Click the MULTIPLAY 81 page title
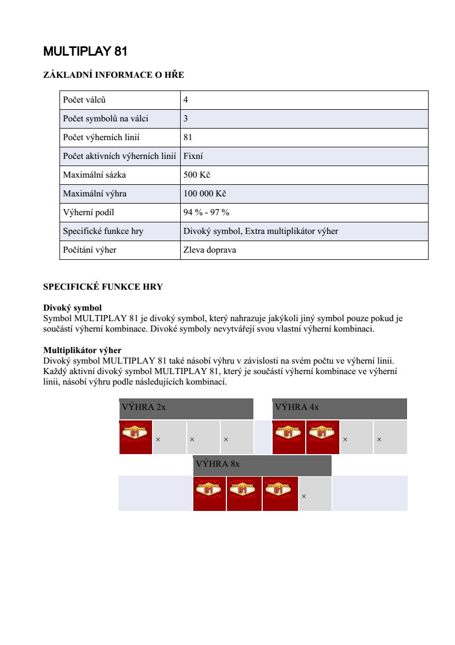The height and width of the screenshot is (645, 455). (85, 52)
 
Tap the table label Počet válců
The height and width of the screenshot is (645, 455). (84, 100)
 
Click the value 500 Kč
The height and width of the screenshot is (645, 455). (197, 175)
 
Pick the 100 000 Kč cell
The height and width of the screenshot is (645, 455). (204, 194)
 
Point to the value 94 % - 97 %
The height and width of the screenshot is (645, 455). (206, 212)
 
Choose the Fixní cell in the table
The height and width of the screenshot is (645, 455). (193, 156)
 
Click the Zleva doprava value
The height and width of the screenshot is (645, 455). (209, 250)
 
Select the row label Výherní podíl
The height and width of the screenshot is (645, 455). (89, 212)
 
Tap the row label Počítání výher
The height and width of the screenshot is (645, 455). (90, 250)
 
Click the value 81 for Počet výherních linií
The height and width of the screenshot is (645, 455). (188, 137)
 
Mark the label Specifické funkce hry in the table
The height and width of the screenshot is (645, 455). (103, 231)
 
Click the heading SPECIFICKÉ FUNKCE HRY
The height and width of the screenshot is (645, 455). (103, 287)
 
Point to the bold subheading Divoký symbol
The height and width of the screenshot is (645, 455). (72, 307)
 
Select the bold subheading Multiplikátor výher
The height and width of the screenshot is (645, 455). (82, 350)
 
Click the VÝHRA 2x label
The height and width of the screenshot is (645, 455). (144, 407)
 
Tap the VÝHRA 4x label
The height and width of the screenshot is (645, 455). (297, 407)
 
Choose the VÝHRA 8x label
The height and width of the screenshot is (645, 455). (218, 464)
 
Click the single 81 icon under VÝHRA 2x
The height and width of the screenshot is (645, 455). (136, 437)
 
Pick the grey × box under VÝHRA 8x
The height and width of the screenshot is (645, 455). (315, 494)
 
